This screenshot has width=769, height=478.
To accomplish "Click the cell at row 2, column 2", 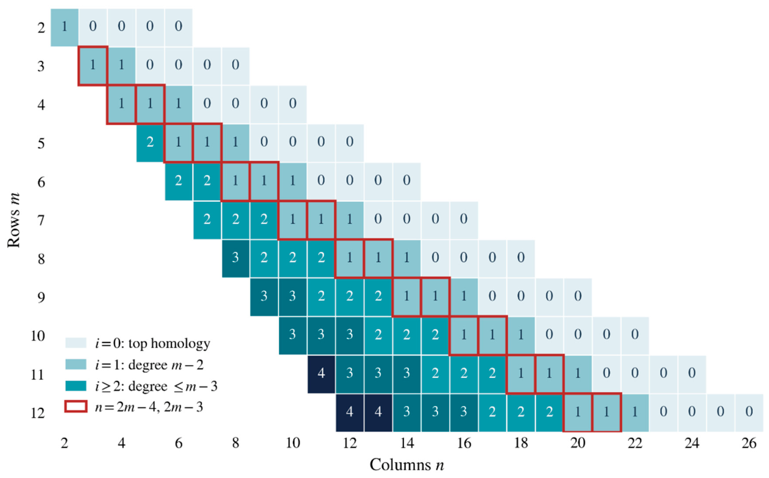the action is [65, 27].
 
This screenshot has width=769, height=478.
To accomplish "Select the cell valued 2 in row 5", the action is [150, 143].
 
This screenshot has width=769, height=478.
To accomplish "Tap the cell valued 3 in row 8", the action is [235, 259].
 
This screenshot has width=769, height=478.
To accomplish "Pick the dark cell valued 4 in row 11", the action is [321, 374].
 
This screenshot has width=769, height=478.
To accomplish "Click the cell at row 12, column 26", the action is [749, 412].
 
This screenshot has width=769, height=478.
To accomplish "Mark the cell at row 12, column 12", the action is [350, 412].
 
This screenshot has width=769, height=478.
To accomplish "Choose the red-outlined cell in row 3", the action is [93, 66].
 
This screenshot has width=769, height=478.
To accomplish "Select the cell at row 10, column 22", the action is [635, 335].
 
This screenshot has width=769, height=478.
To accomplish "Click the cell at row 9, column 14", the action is [407, 297].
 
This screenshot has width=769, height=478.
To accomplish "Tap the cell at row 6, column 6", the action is [179, 181].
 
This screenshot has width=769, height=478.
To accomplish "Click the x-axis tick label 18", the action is [521, 443].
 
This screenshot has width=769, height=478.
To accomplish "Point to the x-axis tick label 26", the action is [749, 443].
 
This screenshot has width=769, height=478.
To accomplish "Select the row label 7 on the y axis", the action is [41, 220].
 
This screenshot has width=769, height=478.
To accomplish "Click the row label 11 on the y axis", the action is [38, 374].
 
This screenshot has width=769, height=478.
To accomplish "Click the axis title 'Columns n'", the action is [407, 465].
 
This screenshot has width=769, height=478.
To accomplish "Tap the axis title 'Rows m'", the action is [14, 219].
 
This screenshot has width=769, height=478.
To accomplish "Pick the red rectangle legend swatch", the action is [76, 406].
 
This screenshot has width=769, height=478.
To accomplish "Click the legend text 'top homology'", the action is [169, 344].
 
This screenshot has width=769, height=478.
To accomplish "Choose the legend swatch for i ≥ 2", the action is [76, 385].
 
